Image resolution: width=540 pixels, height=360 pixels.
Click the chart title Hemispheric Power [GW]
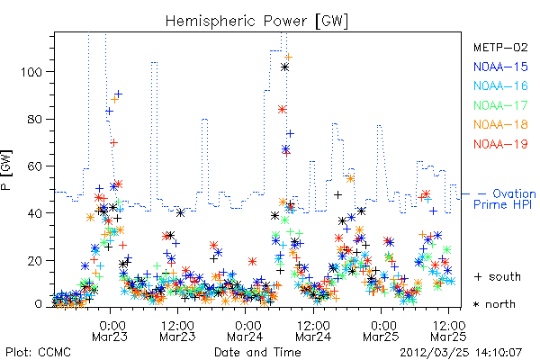256,21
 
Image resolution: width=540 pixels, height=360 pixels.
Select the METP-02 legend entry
500,47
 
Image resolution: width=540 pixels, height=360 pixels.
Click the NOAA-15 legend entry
500,67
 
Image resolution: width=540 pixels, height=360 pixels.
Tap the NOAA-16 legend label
500,85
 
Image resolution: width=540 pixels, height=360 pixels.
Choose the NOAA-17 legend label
500,105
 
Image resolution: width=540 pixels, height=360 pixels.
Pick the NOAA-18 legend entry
500,124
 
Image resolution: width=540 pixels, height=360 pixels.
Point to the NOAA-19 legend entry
500,144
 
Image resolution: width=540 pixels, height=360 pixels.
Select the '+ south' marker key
498,276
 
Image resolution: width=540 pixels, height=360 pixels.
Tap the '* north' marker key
494,304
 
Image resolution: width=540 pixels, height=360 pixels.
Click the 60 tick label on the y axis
35,166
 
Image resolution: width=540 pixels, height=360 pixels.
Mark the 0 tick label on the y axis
39,304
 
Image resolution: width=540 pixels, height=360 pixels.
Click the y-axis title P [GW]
6,170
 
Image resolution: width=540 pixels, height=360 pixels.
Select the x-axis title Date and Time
257,353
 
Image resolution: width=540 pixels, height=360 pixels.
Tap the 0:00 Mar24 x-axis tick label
245,330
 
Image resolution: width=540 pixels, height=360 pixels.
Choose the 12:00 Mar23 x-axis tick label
177,330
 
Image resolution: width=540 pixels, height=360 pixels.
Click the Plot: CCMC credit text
38,353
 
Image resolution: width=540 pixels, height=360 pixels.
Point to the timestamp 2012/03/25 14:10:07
461,353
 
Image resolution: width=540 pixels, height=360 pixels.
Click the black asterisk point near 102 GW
284,67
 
